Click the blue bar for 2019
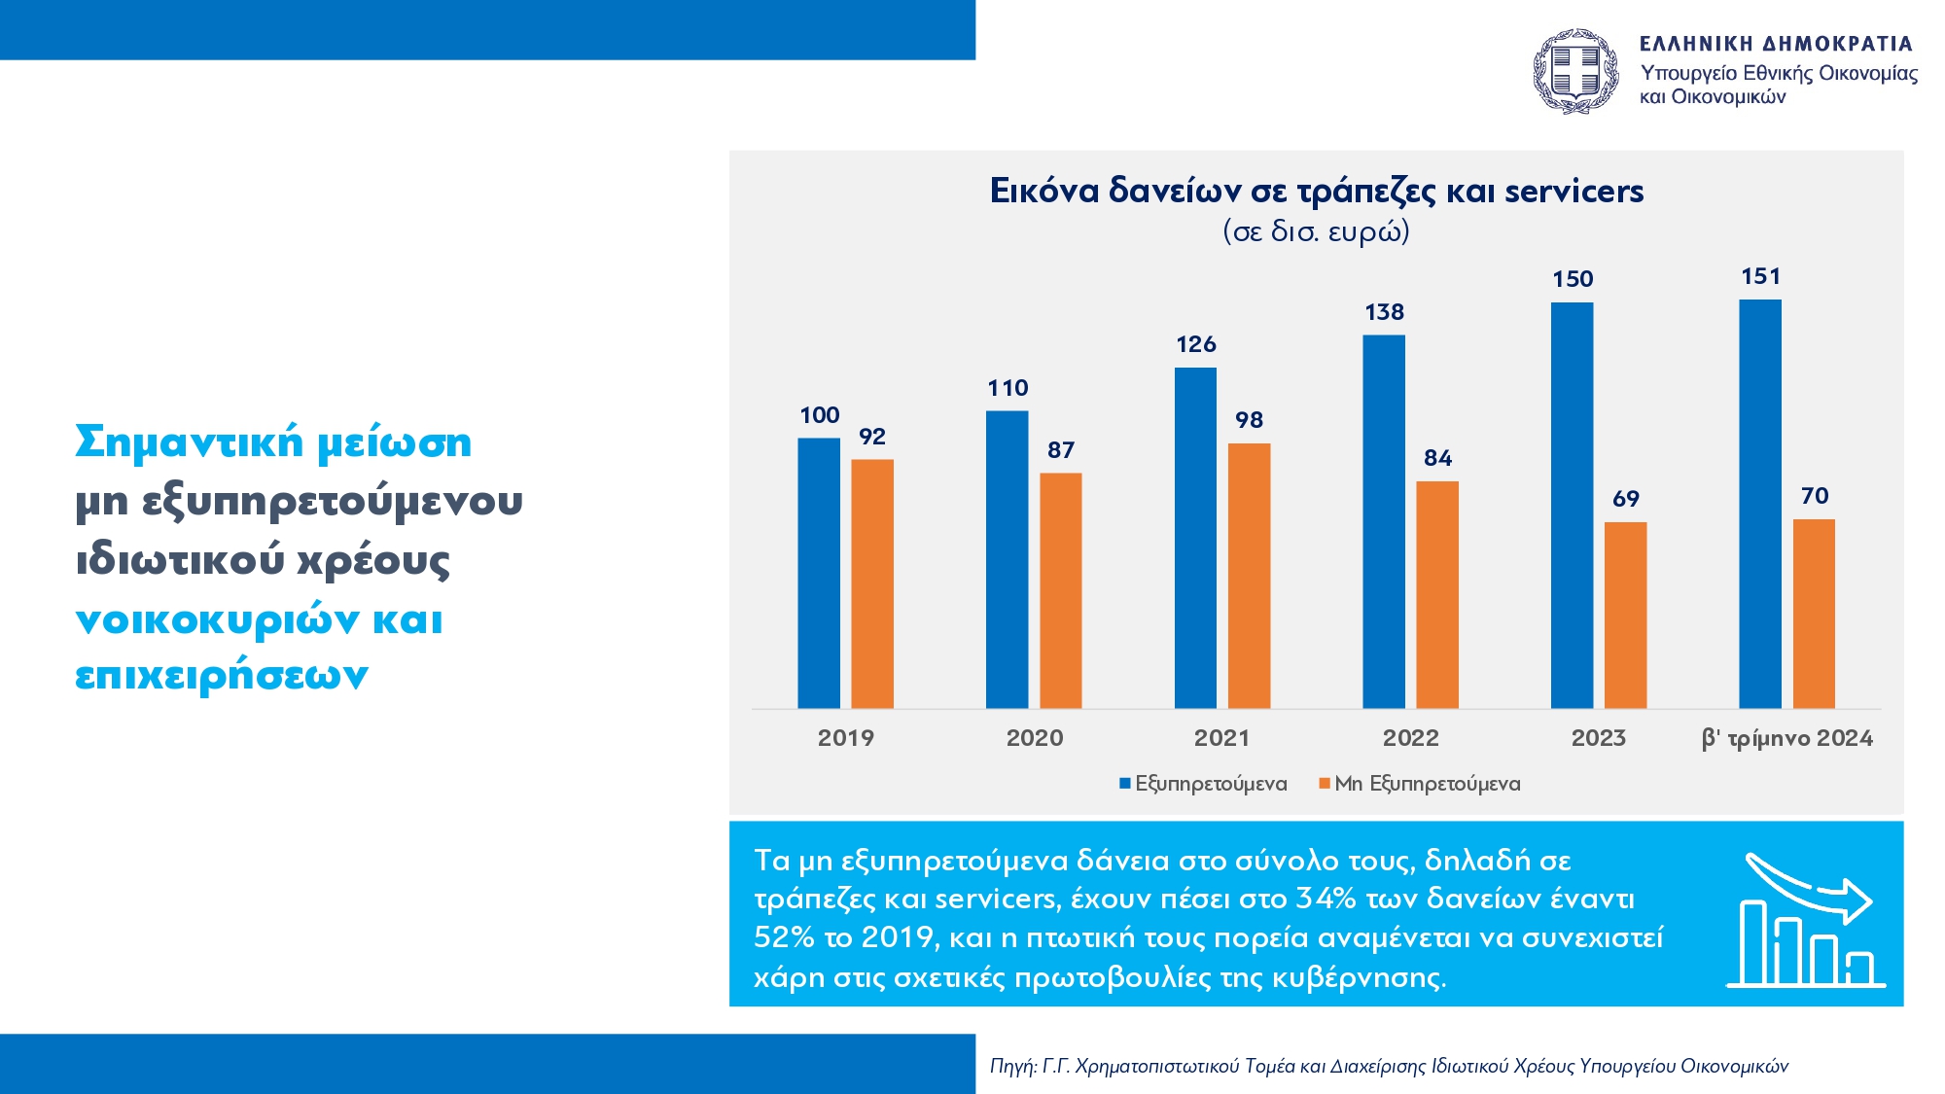819,573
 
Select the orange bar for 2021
1249,576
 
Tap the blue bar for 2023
1572,505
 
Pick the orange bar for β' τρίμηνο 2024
1814,614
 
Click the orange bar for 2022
1437,594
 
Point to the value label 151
1760,277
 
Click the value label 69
1625,499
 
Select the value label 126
1195,344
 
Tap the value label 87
1060,450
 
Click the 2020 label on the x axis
1035,738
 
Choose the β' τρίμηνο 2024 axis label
1786,738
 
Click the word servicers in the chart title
1574,192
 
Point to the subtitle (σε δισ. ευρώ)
1316,232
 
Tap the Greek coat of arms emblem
1575,71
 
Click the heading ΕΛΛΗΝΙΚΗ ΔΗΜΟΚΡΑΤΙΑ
1776,44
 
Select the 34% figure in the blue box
1325,899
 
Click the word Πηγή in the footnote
1011,1066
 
